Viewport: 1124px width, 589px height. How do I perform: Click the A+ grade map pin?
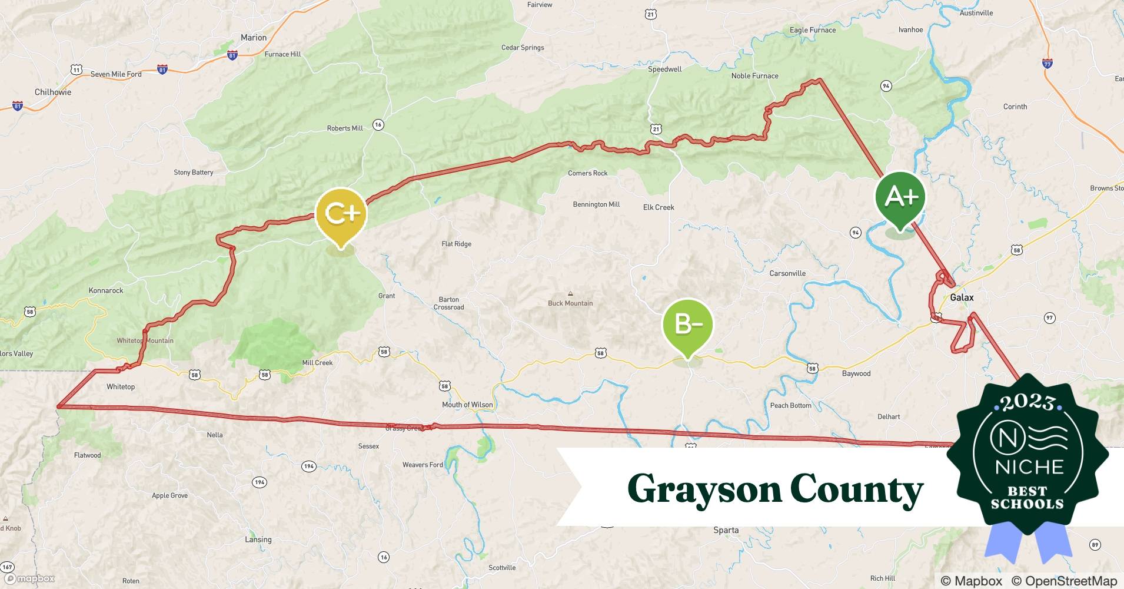pos(900,197)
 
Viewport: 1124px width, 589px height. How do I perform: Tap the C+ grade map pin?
pos(341,213)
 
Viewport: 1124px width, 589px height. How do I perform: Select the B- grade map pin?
pos(687,325)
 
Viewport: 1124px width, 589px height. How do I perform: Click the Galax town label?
pos(962,297)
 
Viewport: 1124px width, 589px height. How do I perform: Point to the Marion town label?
pos(254,38)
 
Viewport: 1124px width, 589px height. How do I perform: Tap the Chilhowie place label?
pos(53,92)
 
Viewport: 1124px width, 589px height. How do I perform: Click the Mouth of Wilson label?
pos(467,405)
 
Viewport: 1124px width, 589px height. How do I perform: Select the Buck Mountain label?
pos(570,303)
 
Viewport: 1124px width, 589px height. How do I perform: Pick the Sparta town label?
pos(726,530)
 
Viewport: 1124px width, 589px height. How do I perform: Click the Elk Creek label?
pos(659,207)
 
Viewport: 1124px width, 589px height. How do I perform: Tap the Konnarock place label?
pos(106,290)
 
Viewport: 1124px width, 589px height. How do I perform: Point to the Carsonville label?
pos(787,273)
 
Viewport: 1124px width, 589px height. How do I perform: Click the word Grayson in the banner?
pos(703,489)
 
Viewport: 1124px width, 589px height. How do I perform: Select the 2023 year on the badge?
pos(1027,402)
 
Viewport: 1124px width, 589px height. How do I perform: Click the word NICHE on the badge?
pos(1029,467)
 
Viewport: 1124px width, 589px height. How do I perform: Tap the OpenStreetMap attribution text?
pos(1064,581)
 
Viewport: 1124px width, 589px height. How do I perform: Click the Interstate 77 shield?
pos(1047,64)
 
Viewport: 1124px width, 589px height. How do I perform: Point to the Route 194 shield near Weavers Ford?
pos(308,466)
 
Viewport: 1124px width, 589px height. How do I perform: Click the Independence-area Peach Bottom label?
pos(790,405)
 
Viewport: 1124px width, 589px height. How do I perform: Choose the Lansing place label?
pos(258,540)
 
